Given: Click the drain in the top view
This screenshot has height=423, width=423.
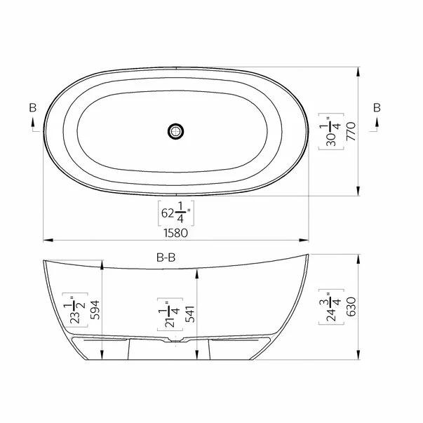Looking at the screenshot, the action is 175,131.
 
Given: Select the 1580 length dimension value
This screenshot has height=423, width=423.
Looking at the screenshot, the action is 175,233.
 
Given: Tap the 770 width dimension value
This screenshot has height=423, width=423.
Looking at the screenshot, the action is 351,131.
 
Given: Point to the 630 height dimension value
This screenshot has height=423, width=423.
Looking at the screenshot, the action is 351,307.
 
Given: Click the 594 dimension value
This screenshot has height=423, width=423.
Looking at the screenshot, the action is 95,310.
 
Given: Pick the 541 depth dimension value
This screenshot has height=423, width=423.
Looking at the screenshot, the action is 190,314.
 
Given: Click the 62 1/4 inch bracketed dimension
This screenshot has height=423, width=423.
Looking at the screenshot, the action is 176,213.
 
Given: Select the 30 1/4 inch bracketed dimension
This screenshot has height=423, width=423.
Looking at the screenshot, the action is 331,131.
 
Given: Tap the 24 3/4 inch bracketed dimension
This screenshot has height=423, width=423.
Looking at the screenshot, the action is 331,307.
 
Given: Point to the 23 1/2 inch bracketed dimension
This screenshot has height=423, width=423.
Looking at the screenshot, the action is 75,310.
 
